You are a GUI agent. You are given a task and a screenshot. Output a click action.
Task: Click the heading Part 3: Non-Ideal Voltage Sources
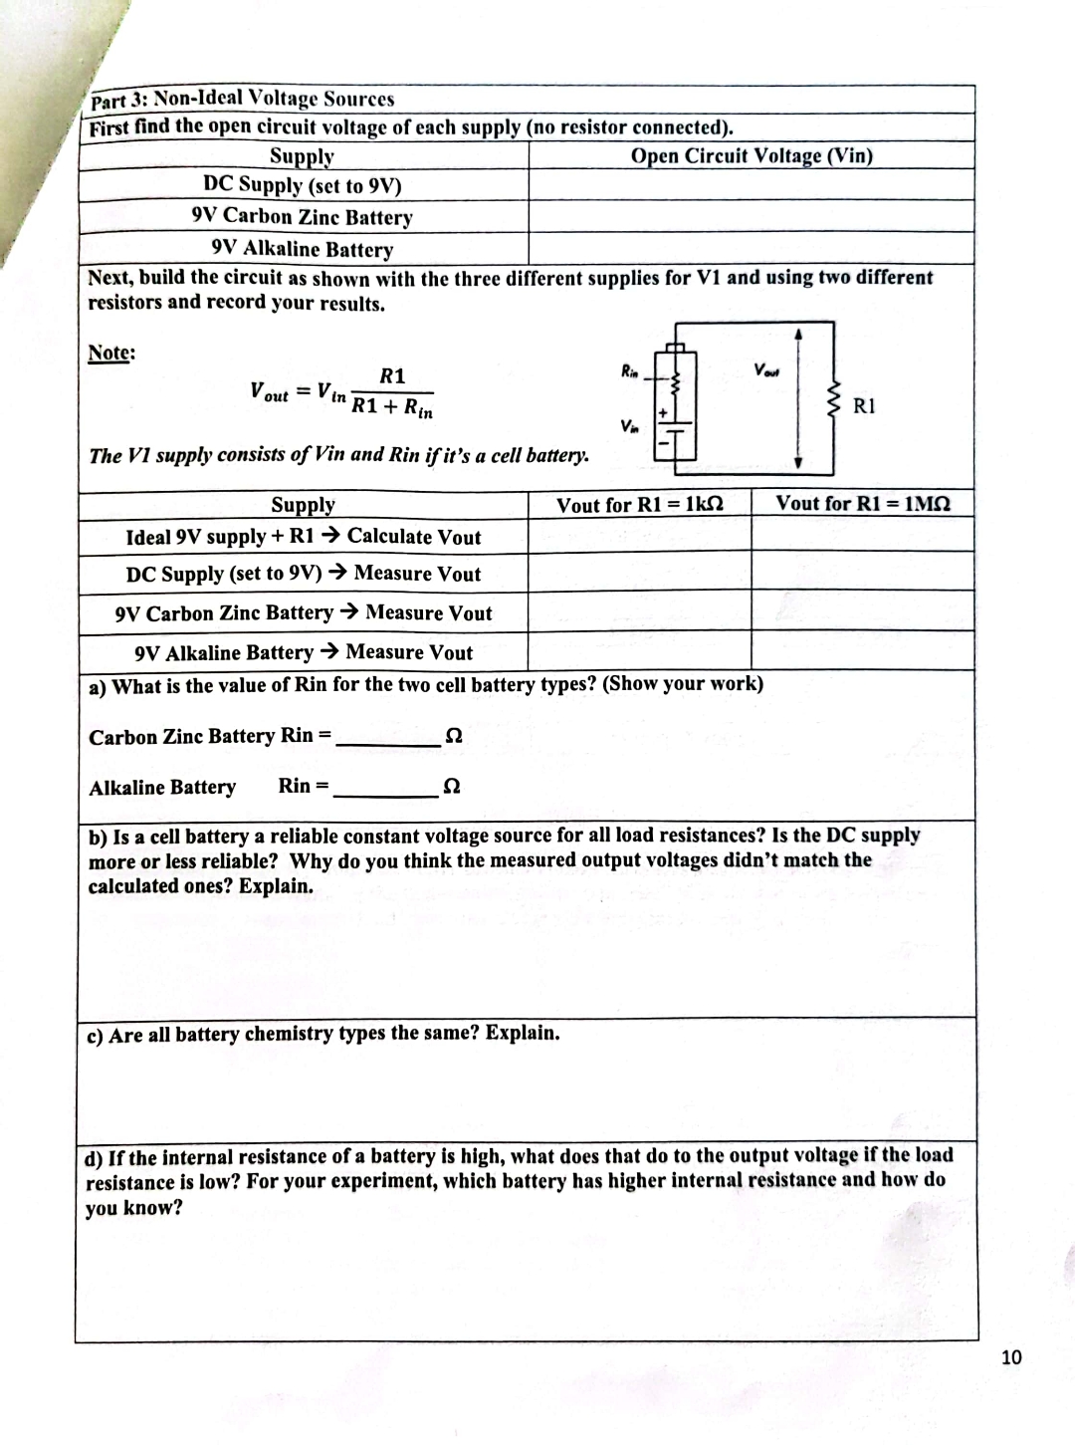(x=242, y=99)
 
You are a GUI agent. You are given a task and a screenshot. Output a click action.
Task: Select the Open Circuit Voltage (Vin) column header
(x=752, y=155)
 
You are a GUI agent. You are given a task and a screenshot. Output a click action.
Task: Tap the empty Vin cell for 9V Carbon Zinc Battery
(x=752, y=217)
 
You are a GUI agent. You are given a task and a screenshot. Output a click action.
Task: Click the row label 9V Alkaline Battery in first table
(x=303, y=249)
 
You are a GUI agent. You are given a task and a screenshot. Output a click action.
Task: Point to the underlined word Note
(x=111, y=353)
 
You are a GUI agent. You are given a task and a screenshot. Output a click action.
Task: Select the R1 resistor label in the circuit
(x=864, y=406)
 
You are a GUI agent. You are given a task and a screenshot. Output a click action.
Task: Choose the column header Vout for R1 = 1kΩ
(x=639, y=504)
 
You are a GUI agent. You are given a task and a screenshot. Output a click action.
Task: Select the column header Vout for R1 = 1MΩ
(x=863, y=503)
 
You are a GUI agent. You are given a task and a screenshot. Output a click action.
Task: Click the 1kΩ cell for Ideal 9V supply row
(x=639, y=536)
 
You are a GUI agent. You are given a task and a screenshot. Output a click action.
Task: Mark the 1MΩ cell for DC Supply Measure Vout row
(x=863, y=573)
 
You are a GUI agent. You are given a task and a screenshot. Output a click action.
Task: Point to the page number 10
(x=1011, y=1357)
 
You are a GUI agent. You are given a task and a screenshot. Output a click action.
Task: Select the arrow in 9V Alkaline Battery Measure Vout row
(x=328, y=652)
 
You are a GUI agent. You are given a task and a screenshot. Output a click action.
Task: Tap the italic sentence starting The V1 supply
(x=338, y=455)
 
